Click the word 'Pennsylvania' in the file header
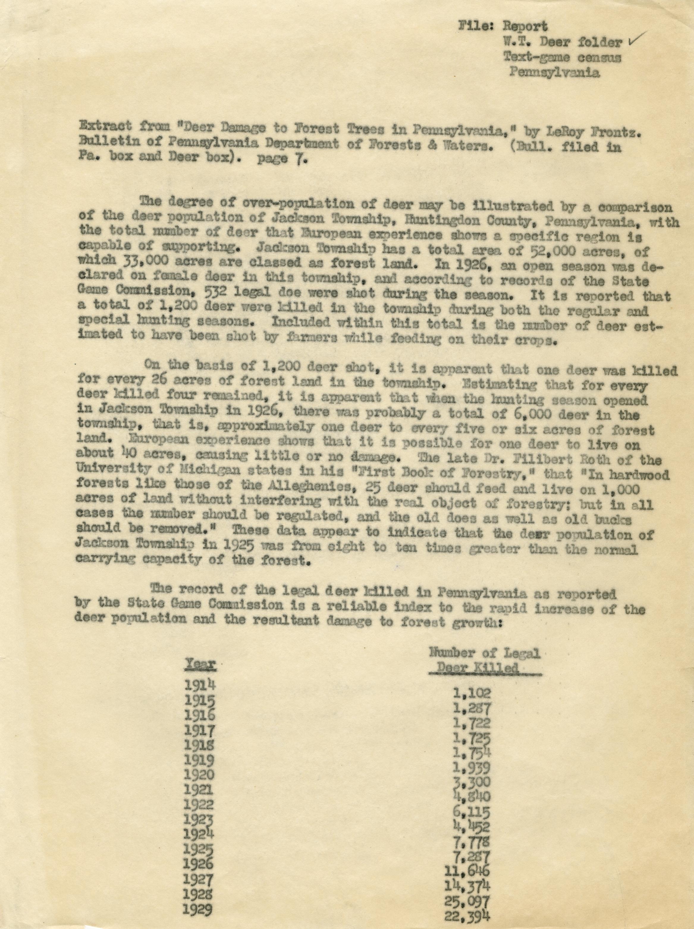pos(554,73)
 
